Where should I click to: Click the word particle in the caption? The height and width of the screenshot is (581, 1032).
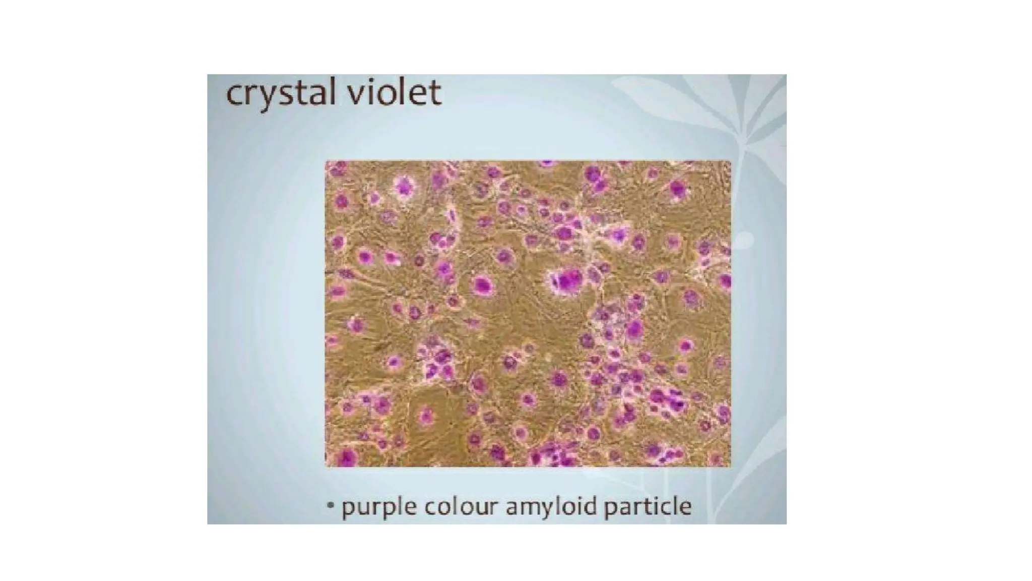(647, 506)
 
